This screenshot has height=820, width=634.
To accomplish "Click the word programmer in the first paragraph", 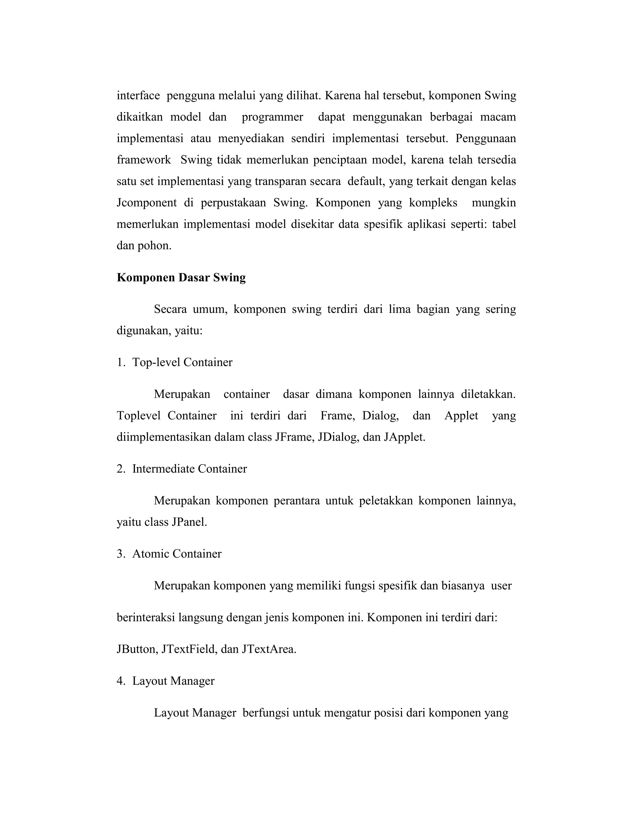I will pos(272,118).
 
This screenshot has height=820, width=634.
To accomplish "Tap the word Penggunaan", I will pos(486,139).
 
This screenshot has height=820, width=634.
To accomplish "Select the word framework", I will pos(144,160).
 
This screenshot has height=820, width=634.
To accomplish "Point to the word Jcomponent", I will pos(146,203).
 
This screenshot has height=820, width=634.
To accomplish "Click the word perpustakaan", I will pos(233,203).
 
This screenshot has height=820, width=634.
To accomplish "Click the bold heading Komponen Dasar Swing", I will pos(181,278).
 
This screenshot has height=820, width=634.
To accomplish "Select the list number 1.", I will pos(120,362).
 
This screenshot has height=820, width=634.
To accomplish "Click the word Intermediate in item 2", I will pos(163,469).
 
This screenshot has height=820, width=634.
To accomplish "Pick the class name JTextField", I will pos(189,649).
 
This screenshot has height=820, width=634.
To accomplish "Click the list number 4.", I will pos(120,681).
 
